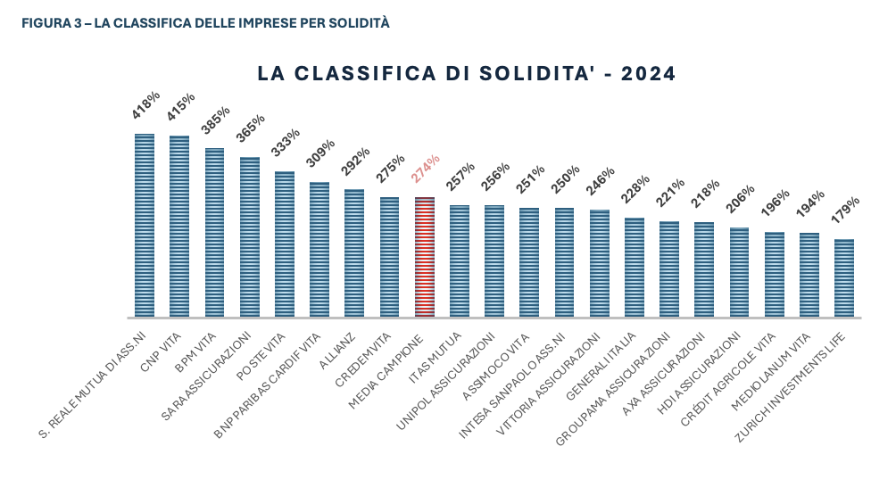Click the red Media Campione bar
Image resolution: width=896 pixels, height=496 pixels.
(x=425, y=257)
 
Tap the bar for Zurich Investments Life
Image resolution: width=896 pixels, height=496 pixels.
(x=844, y=277)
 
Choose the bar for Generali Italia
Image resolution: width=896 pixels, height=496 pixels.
(x=635, y=267)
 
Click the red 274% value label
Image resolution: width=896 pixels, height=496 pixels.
(x=426, y=169)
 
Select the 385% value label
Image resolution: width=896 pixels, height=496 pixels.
(x=215, y=120)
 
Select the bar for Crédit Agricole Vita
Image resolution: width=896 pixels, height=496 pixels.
(x=775, y=274)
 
